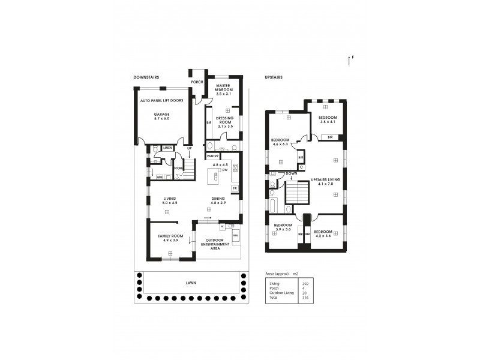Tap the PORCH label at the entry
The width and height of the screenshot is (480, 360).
197,82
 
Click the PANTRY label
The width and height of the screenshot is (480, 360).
213,157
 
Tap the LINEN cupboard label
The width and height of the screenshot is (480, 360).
167,147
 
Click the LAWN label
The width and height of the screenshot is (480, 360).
190,282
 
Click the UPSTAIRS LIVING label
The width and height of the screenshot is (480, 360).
326,179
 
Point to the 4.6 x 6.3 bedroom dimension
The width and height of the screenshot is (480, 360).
280,144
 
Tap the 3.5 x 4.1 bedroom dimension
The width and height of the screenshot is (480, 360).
327,122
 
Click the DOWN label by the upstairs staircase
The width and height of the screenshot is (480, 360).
292,173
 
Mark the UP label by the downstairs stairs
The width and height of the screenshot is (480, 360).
190,148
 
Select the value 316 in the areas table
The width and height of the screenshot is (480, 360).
305,298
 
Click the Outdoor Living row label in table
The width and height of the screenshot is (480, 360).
282,293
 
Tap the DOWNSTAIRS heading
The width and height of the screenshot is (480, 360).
146,77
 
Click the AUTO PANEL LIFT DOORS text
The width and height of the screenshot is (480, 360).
161,101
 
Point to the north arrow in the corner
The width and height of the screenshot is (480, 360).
350,59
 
